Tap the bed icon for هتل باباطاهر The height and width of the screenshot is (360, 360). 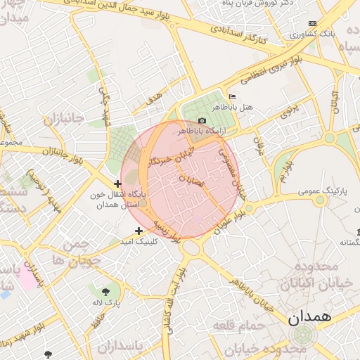(232, 96)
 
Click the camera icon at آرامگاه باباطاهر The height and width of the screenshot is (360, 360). (202, 121)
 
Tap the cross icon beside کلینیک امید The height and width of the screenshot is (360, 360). (139, 231)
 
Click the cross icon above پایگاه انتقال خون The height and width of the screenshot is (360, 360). (117, 184)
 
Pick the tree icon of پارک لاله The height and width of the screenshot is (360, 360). (105, 291)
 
